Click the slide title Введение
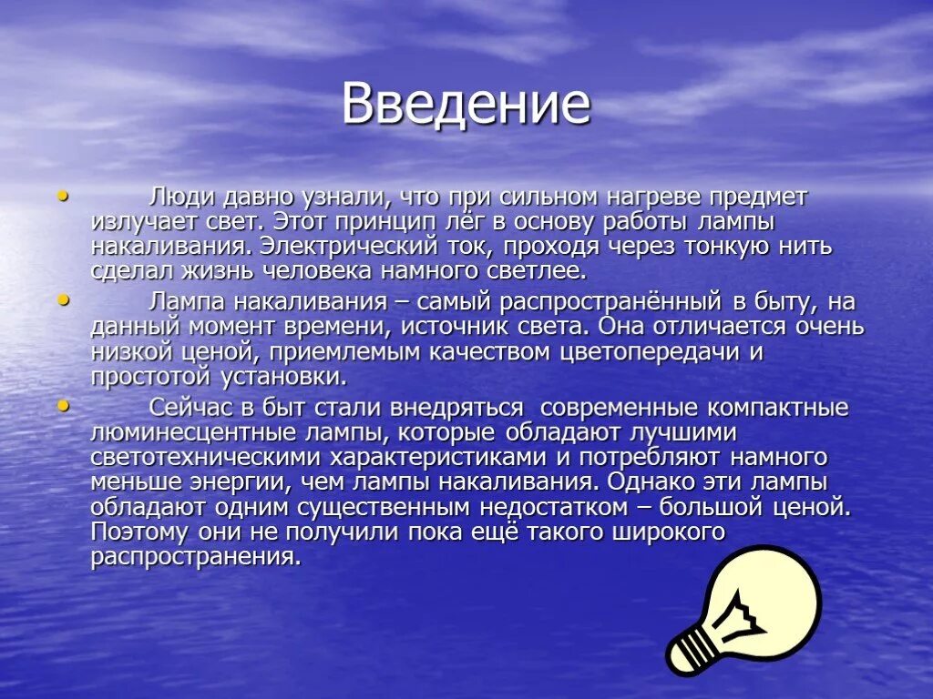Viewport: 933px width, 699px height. coord(466,105)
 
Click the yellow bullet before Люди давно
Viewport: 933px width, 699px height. coord(62,195)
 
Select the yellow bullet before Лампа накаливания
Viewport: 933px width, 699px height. coord(62,299)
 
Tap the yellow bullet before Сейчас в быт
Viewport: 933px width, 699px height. coord(62,404)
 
